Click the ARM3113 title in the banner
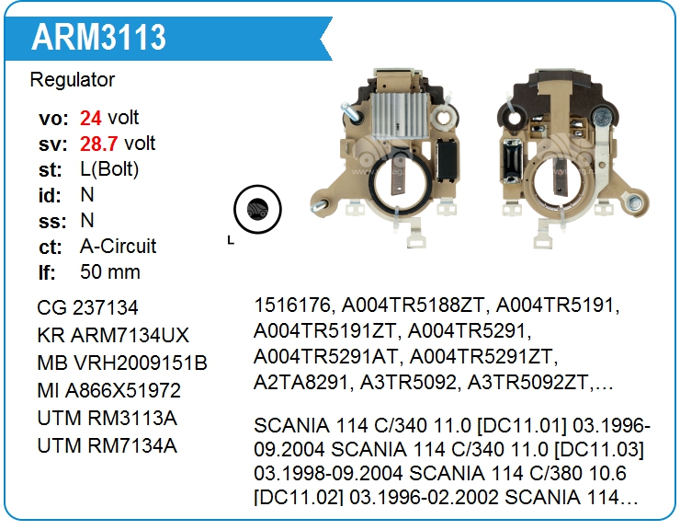pyautogui.click(x=98, y=37)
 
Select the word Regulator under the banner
pyautogui.click(x=73, y=80)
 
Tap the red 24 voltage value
pyautogui.click(x=91, y=118)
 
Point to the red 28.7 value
pyautogui.click(x=99, y=144)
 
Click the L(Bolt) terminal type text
pyautogui.click(x=109, y=169)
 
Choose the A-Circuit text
pyautogui.click(x=118, y=247)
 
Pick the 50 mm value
pyautogui.click(x=110, y=272)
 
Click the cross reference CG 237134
pyautogui.click(x=87, y=308)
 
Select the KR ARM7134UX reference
pyautogui.click(x=113, y=335)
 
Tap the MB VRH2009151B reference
pyautogui.click(x=122, y=363)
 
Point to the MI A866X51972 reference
pyautogui.click(x=108, y=390)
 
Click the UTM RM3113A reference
pyautogui.click(x=108, y=419)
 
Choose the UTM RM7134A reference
pyautogui.click(x=108, y=445)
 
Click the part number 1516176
pyautogui.click(x=293, y=305)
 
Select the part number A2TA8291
pyautogui.click(x=301, y=383)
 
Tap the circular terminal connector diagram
pyautogui.click(x=257, y=210)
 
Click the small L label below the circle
pyautogui.click(x=231, y=240)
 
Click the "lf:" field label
pyautogui.click(x=47, y=272)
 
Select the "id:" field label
pyautogui.click(x=50, y=195)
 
